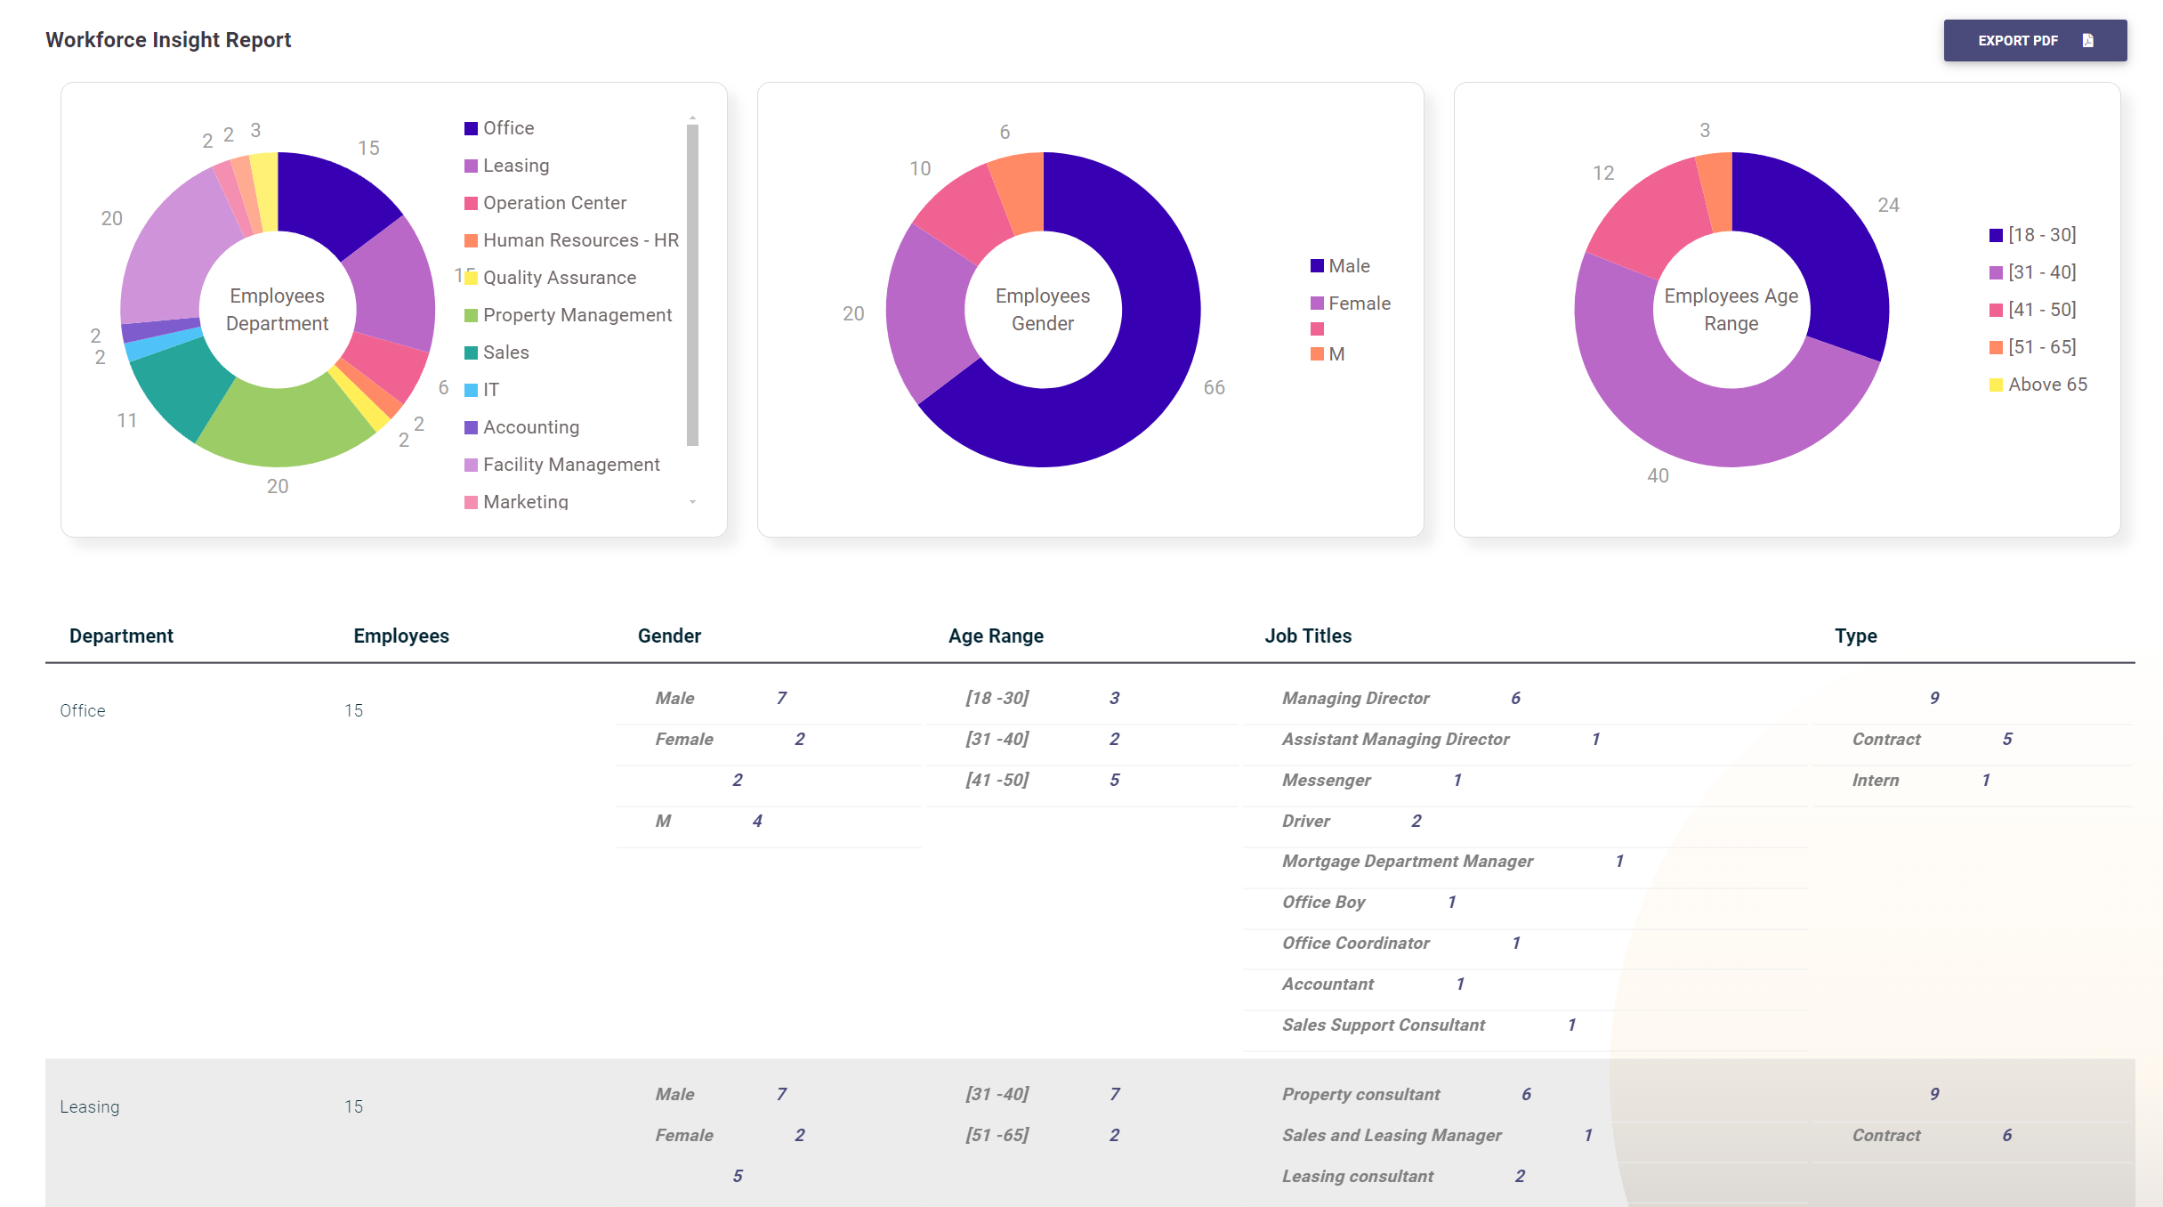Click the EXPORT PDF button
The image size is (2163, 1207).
click(x=2034, y=41)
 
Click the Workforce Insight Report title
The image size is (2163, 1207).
click(x=168, y=40)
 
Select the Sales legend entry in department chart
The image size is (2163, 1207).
click(x=505, y=352)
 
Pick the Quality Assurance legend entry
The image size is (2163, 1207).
click(x=559, y=278)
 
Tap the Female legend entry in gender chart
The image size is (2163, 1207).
click(x=1359, y=304)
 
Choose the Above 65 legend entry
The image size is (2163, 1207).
click(x=2046, y=385)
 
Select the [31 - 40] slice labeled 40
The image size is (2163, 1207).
click(x=1691, y=418)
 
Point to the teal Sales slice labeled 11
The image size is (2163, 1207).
click(x=178, y=383)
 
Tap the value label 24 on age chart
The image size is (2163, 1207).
click(x=1888, y=206)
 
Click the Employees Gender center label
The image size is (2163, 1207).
click(x=1042, y=310)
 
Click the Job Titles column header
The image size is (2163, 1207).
click(x=1307, y=636)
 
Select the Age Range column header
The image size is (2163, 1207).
click(x=995, y=636)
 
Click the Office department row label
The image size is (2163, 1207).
click(x=83, y=710)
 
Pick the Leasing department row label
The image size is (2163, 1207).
click(x=89, y=1106)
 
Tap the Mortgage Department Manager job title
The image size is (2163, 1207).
click(x=1407, y=861)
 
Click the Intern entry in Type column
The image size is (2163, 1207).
click(x=1875, y=780)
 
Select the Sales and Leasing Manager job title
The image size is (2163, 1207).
click(x=1391, y=1135)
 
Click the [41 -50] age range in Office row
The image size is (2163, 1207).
click(x=997, y=780)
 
